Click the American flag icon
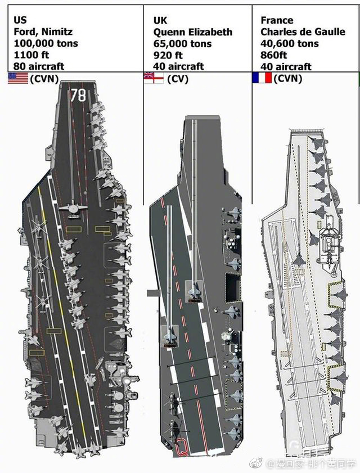point(18,78)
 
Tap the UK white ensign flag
point(154,78)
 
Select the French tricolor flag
point(262,78)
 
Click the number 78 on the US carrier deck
point(78,95)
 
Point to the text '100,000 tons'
point(46,43)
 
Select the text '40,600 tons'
point(290,43)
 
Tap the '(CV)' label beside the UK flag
point(178,79)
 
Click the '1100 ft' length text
point(31,55)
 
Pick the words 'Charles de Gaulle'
point(303,31)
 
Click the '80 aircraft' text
point(39,66)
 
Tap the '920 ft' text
point(168,55)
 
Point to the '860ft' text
point(274,55)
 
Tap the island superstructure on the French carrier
point(330,247)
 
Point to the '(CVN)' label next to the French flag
point(288,78)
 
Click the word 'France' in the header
point(277,20)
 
